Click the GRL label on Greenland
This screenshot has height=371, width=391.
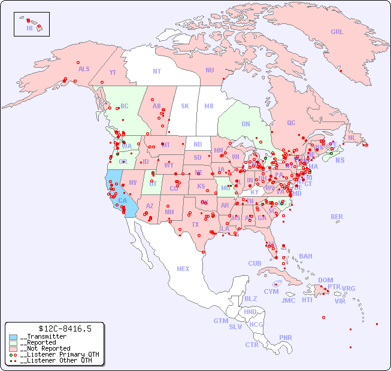[337, 32]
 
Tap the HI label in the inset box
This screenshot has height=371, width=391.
[29, 28]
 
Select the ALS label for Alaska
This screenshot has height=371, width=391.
[84, 69]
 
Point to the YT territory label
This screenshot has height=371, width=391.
[113, 72]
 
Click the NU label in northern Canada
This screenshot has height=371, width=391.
[210, 70]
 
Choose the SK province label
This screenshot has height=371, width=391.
[185, 106]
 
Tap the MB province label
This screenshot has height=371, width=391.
[209, 106]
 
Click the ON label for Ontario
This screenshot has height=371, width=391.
[245, 124]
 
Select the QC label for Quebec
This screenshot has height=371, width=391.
[291, 123]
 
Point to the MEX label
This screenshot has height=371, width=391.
[183, 269]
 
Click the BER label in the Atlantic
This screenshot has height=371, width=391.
[337, 217]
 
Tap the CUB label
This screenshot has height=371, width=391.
[254, 263]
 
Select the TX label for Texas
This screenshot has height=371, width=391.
[195, 224]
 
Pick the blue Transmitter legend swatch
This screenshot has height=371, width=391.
[13, 337]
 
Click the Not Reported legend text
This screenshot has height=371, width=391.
[45, 348]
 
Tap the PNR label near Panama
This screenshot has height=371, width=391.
[286, 337]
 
